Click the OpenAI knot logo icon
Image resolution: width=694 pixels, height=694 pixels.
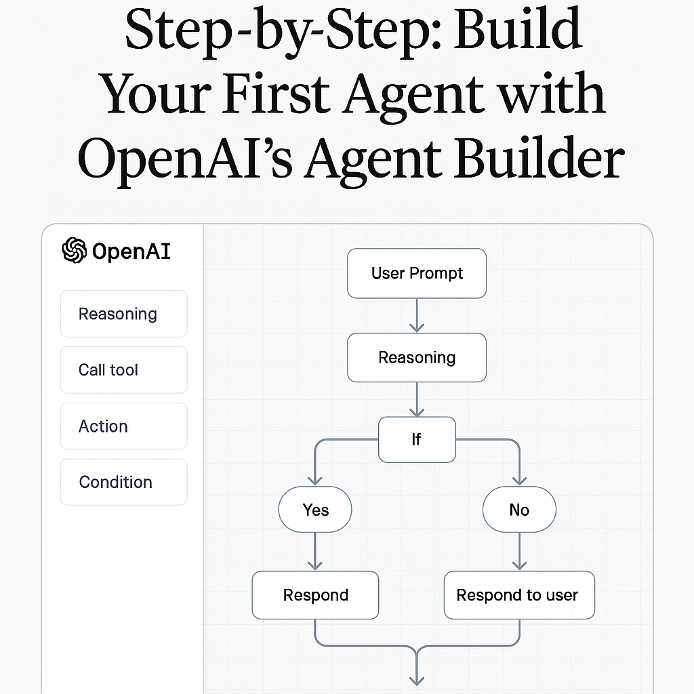pos(74,251)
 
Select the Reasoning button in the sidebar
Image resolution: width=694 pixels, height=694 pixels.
pos(123,314)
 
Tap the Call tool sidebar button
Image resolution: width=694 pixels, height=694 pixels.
pos(123,370)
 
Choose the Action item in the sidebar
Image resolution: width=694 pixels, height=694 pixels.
pos(123,426)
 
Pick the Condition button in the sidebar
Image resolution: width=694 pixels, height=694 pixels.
pos(123,482)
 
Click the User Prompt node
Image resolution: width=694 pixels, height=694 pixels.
pos(417,273)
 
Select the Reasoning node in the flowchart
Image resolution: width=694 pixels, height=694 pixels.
pos(417,357)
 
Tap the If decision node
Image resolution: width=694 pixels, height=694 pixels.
pos(417,439)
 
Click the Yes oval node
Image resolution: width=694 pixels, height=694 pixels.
pos(315,510)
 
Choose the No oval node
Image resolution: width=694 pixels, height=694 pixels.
pos(519,510)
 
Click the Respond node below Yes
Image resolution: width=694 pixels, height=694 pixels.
pos(315,595)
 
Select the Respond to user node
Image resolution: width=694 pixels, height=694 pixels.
pos(519,595)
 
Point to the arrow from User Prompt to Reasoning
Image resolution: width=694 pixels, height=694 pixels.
pos(417,316)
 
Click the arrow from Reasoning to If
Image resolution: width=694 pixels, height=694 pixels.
pos(417,399)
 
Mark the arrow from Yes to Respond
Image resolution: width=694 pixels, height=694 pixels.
pos(315,551)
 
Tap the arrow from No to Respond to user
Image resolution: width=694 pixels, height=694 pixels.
pos(519,551)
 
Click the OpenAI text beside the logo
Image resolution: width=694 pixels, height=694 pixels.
pos(131,251)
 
